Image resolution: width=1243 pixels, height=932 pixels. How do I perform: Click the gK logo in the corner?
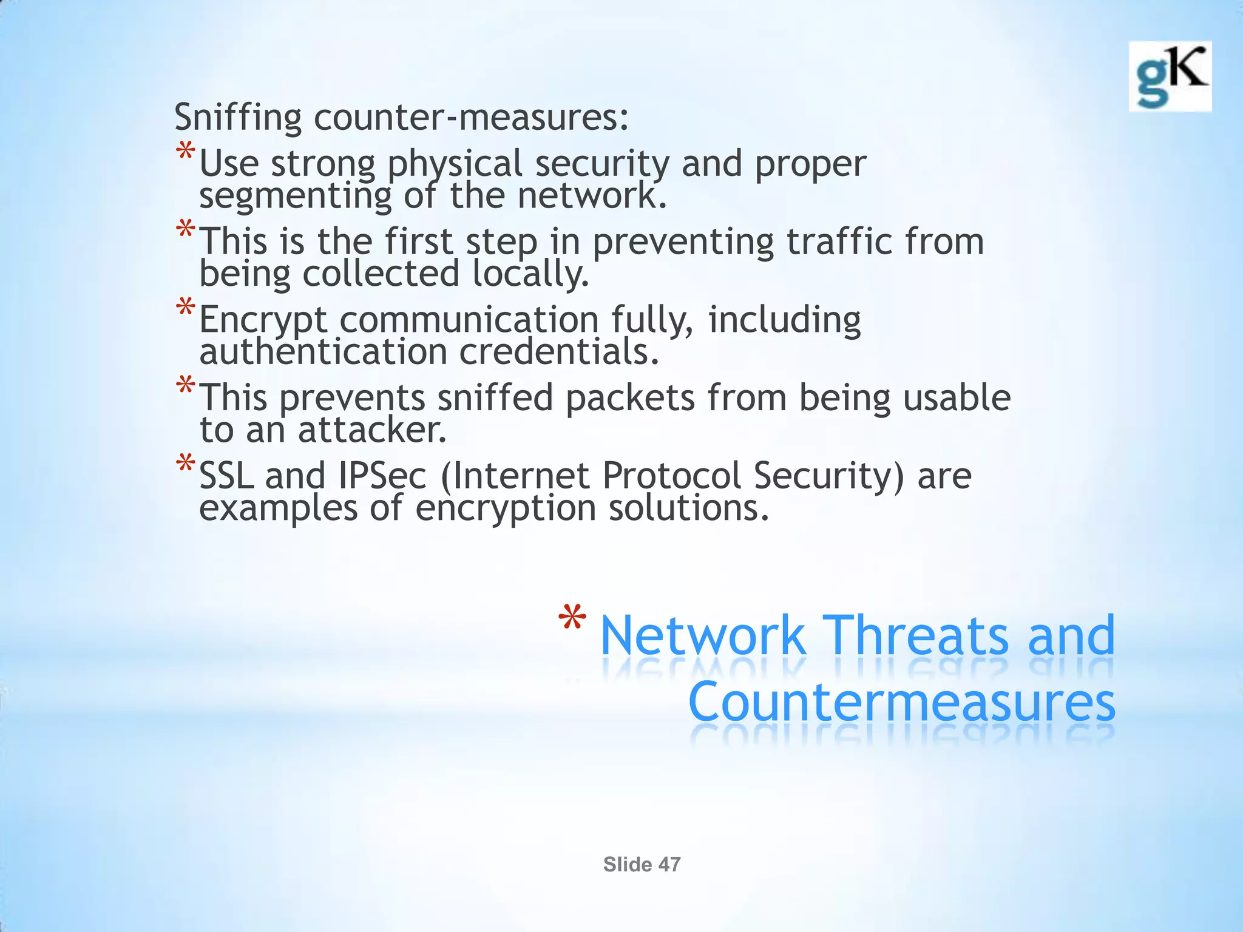pyautogui.click(x=1170, y=76)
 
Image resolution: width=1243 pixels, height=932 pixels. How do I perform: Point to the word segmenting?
pyautogui.click(x=296, y=197)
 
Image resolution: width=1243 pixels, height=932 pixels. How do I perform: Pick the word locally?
pyautogui.click(x=530, y=274)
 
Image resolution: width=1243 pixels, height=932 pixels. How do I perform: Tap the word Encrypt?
pyautogui.click(x=263, y=320)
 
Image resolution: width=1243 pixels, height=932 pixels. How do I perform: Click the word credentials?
pyautogui.click(x=559, y=352)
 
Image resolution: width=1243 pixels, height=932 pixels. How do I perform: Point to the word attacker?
pyautogui.click(x=372, y=430)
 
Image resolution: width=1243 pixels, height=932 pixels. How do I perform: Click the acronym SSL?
pyautogui.click(x=226, y=476)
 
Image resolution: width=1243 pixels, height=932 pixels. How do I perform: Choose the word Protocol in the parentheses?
pyautogui.click(x=672, y=476)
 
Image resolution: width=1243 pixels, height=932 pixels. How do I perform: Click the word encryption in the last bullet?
pyautogui.click(x=506, y=508)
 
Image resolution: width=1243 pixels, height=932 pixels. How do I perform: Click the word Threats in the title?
pyautogui.click(x=917, y=635)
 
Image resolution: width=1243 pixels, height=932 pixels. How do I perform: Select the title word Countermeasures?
pyautogui.click(x=901, y=702)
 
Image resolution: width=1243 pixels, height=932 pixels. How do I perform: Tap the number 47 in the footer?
pyautogui.click(x=669, y=864)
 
